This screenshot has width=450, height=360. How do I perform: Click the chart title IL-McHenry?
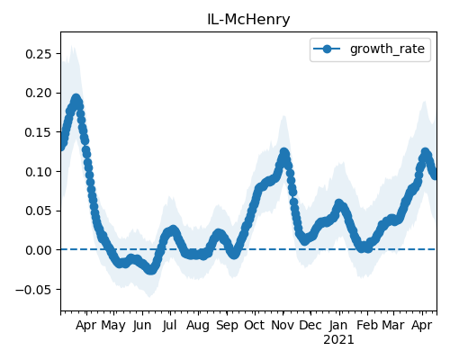pos(248,20)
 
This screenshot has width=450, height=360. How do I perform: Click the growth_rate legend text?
pos(387,49)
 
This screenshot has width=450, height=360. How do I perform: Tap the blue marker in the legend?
pos(327,49)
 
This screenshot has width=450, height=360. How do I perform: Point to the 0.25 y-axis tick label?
pos(39,54)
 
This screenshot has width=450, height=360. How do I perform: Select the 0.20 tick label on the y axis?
pos(39,93)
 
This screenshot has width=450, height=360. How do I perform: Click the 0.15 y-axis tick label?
pos(39,132)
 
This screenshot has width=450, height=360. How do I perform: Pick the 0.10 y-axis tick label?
pos(39,172)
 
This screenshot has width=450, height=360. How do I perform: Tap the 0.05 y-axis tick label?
pos(39,211)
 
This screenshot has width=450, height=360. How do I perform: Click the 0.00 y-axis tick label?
pos(39,250)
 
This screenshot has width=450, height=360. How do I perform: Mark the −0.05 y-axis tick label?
pos(34,290)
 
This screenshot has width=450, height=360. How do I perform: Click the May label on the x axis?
pos(113,326)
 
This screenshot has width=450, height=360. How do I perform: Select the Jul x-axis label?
pos(169,325)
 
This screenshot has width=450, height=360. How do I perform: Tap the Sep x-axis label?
pos(227,326)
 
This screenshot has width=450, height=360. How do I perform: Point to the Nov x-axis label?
pos(283,325)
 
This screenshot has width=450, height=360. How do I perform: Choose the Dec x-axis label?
pos(310,325)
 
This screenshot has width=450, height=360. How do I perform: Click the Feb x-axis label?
pos(367,325)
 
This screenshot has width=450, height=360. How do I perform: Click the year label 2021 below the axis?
pos(338,339)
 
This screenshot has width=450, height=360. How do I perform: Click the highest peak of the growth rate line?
pos(76,99)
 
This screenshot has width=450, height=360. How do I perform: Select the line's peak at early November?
pos(284,152)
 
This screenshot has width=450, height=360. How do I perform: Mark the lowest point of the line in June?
pos(150,270)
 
